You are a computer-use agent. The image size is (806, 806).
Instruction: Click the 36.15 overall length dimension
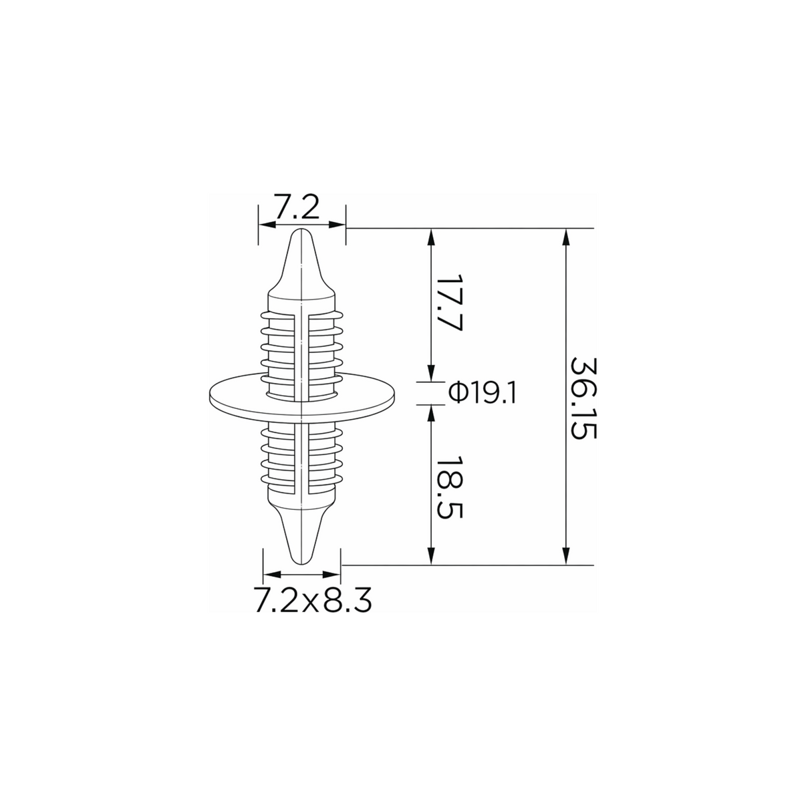tap(583, 398)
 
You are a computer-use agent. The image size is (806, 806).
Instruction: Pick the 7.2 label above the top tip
tap(297, 206)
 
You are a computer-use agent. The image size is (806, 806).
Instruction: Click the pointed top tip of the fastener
tap(301, 229)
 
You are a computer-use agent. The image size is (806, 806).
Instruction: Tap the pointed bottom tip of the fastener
tap(301, 564)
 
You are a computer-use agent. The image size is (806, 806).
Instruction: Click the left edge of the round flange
tap(209, 394)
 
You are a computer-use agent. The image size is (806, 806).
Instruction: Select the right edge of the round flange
tap(394, 394)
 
